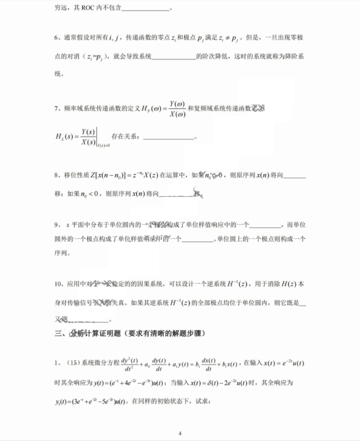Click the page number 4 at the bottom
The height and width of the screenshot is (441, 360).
click(x=180, y=434)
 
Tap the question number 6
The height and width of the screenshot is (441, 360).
click(x=56, y=38)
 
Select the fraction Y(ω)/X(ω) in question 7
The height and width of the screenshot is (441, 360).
click(x=177, y=109)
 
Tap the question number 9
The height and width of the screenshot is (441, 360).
click(x=56, y=225)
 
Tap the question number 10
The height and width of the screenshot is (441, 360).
click(x=58, y=284)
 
